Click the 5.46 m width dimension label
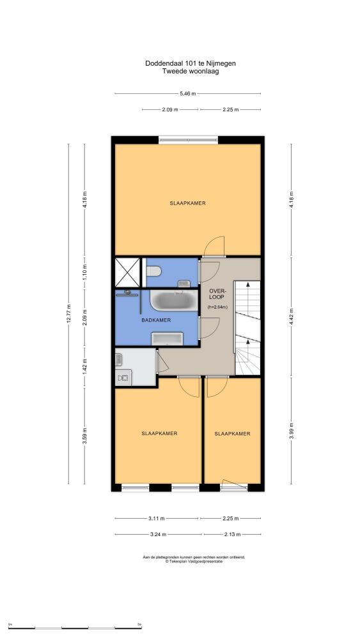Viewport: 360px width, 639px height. pyautogui.click(x=188, y=93)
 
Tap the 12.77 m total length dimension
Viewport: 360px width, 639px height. pyautogui.click(x=68, y=314)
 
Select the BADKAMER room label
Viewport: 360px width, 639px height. pyautogui.click(x=156, y=320)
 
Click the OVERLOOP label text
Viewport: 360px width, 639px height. pyautogui.click(x=217, y=294)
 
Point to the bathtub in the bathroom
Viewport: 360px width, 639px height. pyautogui.click(x=174, y=300)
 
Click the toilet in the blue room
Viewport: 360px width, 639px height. pyautogui.click(x=154, y=270)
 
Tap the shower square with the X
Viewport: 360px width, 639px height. pyautogui.click(x=128, y=272)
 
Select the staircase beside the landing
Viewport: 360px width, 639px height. pyautogui.click(x=247, y=328)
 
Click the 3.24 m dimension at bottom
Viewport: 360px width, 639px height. pyautogui.click(x=159, y=534)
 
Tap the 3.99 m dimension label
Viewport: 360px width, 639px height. pyautogui.click(x=291, y=431)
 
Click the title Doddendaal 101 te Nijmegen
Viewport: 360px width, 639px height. pyautogui.click(x=191, y=63)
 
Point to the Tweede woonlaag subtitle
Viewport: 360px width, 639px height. pyautogui.click(x=191, y=72)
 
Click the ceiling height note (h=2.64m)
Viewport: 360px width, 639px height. pyautogui.click(x=217, y=307)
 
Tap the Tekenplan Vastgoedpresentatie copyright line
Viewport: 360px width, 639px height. pyautogui.click(x=194, y=561)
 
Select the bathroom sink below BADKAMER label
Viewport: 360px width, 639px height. pyautogui.click(x=167, y=338)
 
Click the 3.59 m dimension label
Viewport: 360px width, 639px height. pyautogui.click(x=85, y=436)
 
